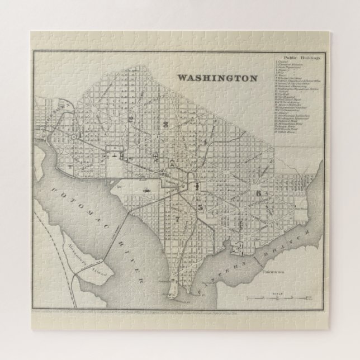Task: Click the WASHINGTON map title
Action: tap(217, 78)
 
